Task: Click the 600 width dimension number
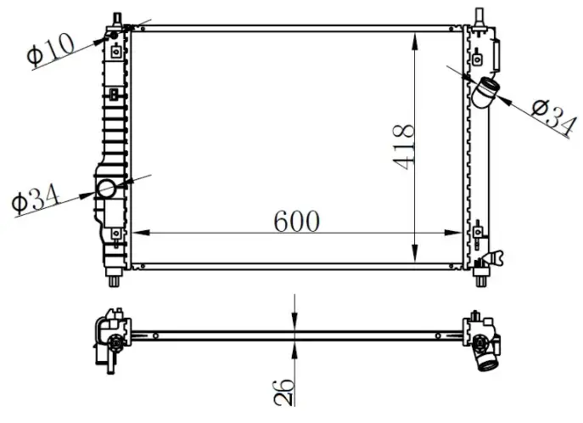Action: click(296, 221)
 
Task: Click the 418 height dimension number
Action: click(403, 147)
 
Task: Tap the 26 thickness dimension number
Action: click(283, 392)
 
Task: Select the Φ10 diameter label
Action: click(50, 49)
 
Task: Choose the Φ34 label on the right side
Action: click(554, 117)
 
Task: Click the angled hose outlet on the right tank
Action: click(486, 93)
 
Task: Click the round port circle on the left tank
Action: click(107, 189)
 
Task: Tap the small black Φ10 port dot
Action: click(114, 36)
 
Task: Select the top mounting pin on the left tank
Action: click(117, 19)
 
